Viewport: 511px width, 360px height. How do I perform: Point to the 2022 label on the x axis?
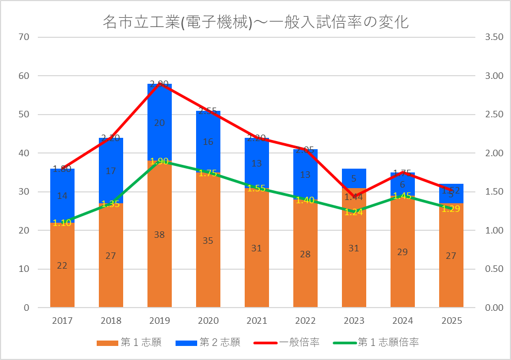coord(305,321)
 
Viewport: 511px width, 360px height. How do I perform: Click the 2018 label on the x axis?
coord(111,321)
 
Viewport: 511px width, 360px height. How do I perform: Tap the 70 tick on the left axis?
coord(23,37)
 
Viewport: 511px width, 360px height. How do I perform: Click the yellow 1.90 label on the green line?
coord(159,162)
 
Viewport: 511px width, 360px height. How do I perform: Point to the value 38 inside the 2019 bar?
coord(159,235)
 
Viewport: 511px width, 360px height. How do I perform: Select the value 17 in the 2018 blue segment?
coord(111,171)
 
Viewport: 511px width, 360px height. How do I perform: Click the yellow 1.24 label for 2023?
coord(354,212)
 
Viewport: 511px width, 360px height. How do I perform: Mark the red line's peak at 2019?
coord(159,84)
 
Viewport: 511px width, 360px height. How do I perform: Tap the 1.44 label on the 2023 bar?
coord(354,197)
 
